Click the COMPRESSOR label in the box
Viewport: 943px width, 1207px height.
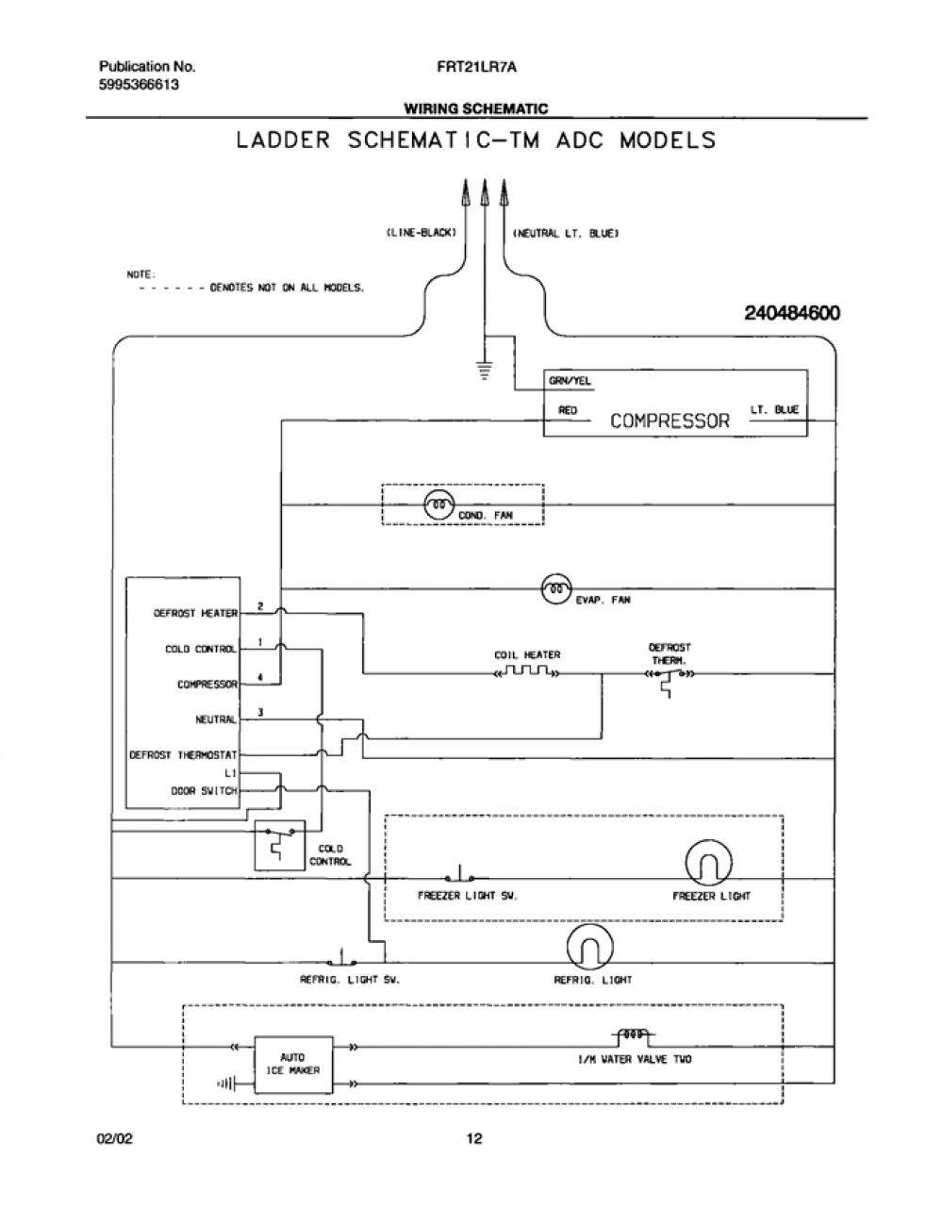pyautogui.click(x=670, y=421)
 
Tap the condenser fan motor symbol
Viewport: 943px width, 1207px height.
pyautogui.click(x=438, y=504)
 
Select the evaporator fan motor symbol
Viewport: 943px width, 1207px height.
pyautogui.click(x=556, y=588)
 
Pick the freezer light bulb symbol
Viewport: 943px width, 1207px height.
pyautogui.click(x=708, y=863)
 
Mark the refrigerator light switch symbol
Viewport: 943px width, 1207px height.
pyautogui.click(x=341, y=958)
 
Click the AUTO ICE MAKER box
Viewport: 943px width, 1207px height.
pyautogui.click(x=293, y=1065)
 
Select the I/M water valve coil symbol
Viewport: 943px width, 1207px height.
pyautogui.click(x=633, y=1034)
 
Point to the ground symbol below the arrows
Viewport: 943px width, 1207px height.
pyautogui.click(x=485, y=370)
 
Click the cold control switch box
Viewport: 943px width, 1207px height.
pyautogui.click(x=279, y=845)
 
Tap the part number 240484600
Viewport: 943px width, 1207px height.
pyautogui.click(x=792, y=313)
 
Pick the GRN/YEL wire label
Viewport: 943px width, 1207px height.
pyautogui.click(x=570, y=381)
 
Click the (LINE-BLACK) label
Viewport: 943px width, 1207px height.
pyautogui.click(x=421, y=233)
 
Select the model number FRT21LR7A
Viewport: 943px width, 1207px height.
pyautogui.click(x=477, y=67)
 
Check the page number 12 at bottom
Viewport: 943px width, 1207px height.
pyautogui.click(x=474, y=1139)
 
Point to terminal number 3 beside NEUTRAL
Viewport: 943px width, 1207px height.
pyautogui.click(x=260, y=712)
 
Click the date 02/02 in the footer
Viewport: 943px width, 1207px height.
pyautogui.click(x=115, y=1139)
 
